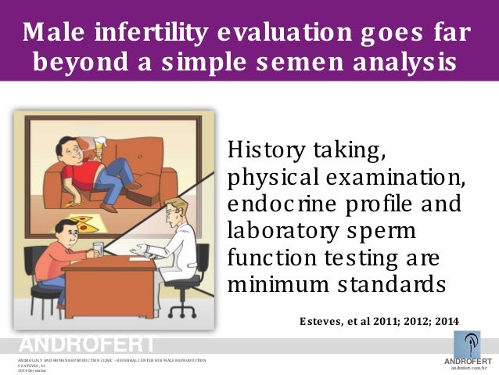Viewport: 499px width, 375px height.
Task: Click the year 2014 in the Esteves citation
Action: tap(443, 321)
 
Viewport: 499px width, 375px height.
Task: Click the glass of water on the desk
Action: tap(97, 250)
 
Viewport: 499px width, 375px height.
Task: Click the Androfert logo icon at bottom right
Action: tap(467, 343)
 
